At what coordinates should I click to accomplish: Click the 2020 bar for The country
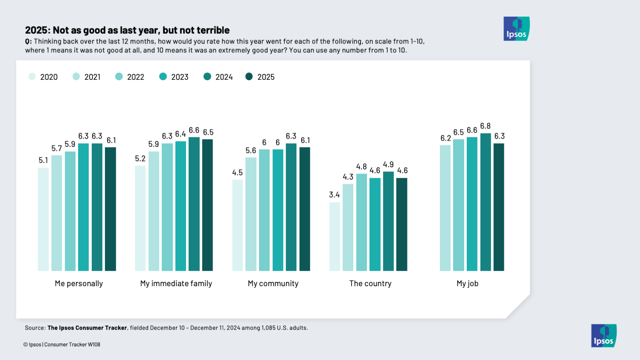[x=335, y=237]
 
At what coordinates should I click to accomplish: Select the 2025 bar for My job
[x=499, y=207]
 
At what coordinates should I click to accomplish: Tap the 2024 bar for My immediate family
[x=194, y=204]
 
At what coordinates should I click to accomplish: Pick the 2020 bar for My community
[x=237, y=225]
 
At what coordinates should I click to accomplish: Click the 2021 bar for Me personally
[x=57, y=213]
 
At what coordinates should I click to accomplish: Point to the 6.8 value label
[x=485, y=126]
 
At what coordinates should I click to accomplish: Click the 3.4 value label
[x=335, y=195]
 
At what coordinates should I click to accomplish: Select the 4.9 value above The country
[x=388, y=165]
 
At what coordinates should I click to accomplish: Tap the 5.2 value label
[x=140, y=159]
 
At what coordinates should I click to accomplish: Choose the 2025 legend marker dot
[x=249, y=77]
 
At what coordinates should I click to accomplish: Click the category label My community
[x=273, y=284]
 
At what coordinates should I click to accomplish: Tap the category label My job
[x=467, y=284]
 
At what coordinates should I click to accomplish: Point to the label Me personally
[x=79, y=284]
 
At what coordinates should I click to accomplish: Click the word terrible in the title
[x=213, y=30]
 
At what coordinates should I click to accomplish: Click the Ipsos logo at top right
[x=516, y=29]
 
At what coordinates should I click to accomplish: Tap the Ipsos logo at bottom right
[x=604, y=336]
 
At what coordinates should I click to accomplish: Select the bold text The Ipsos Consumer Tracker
[x=87, y=328]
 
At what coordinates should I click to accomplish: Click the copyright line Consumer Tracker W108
[x=72, y=345]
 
